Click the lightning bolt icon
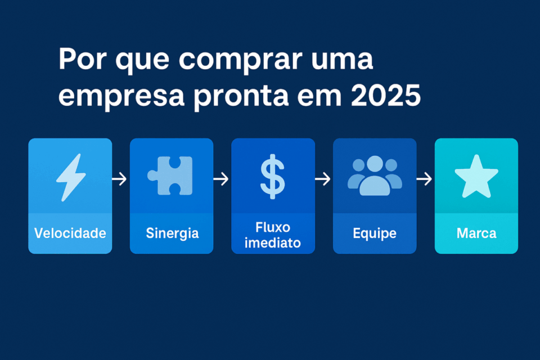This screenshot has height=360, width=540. coord(71,177)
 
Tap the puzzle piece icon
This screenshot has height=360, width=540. coord(170,175)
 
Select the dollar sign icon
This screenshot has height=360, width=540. coord(273,177)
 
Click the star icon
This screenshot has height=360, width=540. coord(476,177)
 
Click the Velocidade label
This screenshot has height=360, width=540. coord(70,233)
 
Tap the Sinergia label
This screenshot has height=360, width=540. coord(172,233)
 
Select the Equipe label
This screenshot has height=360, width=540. coord(375,233)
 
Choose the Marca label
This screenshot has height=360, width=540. coord(476,233)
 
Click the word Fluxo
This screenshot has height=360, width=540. coord(273,227)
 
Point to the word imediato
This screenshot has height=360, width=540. coord(273,243)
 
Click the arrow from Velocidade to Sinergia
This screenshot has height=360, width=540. coord(119,179)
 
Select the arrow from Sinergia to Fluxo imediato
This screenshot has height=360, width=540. coord(221,179)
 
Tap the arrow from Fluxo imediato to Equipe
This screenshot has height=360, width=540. coord(323,179)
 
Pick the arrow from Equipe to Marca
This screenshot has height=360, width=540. coord(424,179)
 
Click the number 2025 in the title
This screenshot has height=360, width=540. coord(386,95)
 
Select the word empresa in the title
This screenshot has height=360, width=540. coord(121,97)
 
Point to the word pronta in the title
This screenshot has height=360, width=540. coord(241,97)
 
